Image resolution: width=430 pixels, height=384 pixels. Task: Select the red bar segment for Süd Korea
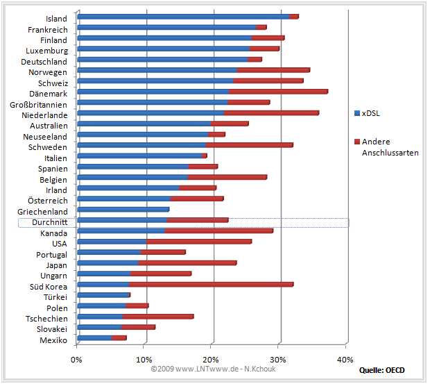[211, 284]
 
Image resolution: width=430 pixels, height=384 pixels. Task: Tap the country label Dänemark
[49, 94]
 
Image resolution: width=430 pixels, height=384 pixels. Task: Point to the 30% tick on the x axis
[279, 359]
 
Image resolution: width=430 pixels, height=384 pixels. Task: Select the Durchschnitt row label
[45, 222]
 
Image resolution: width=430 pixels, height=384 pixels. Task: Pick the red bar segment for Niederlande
[271, 112]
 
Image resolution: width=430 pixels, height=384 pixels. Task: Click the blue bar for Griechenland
[123, 209]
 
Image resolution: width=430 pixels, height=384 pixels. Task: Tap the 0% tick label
[77, 359]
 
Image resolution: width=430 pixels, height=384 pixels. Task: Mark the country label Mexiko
[53, 340]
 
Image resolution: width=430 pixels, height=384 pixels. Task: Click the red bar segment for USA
[199, 242]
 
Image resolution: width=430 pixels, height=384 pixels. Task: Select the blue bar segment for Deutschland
[163, 60]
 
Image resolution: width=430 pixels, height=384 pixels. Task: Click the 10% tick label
[144, 359]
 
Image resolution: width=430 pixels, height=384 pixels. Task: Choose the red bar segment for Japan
[187, 262]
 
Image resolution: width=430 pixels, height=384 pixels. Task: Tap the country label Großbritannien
[39, 104]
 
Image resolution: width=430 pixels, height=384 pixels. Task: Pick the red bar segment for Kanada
[219, 231]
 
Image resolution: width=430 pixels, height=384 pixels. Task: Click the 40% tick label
[345, 359]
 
